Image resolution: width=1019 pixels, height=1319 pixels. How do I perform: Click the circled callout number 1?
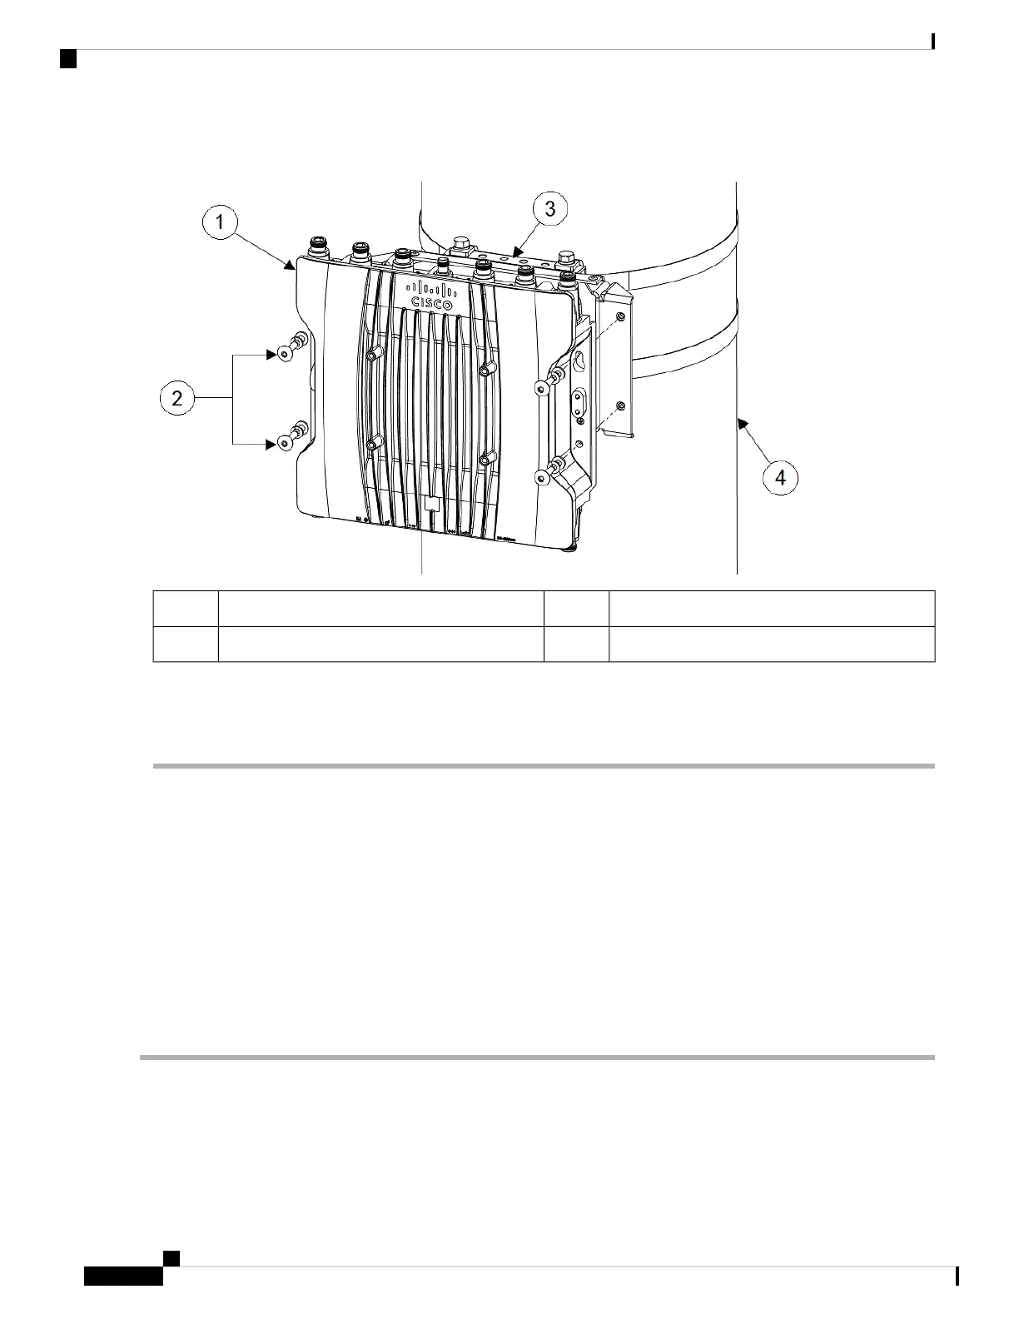point(221,222)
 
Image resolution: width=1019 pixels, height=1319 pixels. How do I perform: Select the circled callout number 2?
point(177,399)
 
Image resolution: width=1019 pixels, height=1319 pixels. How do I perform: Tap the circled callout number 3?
point(550,209)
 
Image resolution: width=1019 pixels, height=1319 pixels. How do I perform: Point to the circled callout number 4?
point(780,478)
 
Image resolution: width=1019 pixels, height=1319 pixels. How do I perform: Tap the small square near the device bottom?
point(431,505)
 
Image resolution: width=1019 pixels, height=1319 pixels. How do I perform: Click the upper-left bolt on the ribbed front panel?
point(371,356)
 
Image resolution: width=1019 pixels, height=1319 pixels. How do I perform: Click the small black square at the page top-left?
point(69,59)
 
